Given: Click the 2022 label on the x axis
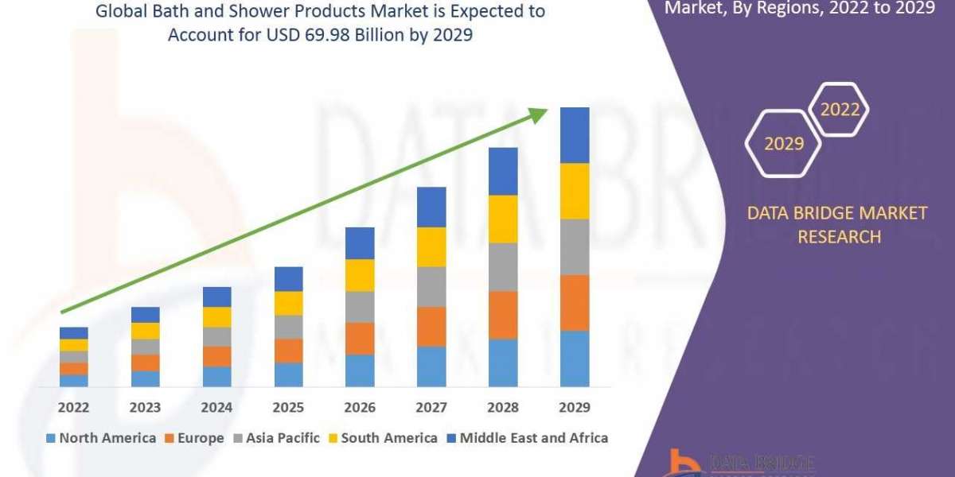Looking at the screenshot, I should pos(73,407).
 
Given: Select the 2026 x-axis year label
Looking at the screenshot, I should pos(360,407).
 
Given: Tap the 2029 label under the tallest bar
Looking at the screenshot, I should pos(575,407).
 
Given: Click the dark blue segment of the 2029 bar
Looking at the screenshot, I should pos(575,135).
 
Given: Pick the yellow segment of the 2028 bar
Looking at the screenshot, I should pos(503,219).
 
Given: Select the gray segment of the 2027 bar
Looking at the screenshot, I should pos(431,286).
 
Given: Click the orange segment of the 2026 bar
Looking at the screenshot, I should pos(360,338).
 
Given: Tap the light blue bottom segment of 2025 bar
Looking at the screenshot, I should pos(288,374).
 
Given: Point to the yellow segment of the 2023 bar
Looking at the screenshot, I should pos(145,331).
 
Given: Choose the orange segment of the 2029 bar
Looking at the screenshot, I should pos(575,303).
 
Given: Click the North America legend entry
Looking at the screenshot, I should pos(101,437).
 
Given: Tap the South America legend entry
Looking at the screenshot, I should pos(383,437).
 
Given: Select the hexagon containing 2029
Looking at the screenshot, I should pos(783,144).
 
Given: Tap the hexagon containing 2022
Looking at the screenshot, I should pos(840,110).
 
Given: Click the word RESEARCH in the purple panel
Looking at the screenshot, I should pos(839,236).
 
